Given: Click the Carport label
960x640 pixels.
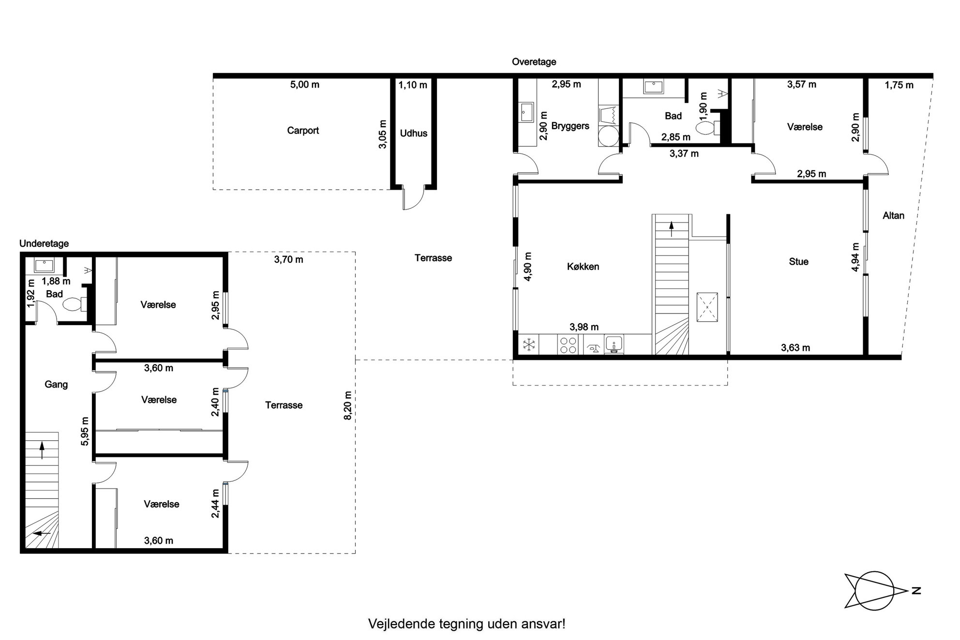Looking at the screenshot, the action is click(x=303, y=131).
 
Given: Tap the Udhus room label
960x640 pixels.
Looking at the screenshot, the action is click(x=414, y=134).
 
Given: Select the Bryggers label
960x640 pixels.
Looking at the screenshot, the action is click(x=570, y=126).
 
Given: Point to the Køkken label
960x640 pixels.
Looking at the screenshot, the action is click(x=583, y=267).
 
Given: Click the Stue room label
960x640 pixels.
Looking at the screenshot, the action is click(x=799, y=262).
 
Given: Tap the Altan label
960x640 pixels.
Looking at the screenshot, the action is click(x=894, y=216).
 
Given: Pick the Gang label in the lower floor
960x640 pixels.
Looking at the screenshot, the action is click(x=56, y=385).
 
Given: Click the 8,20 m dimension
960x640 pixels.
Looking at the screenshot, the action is click(x=348, y=405).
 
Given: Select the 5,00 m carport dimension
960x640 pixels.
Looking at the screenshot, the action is click(x=305, y=85).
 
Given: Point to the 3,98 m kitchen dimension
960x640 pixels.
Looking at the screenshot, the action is click(x=584, y=327).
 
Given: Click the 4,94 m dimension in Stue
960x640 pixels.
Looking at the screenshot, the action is click(x=855, y=257).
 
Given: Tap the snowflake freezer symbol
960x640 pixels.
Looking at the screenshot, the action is click(x=529, y=345).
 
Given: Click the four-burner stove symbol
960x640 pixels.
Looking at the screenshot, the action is click(x=568, y=345).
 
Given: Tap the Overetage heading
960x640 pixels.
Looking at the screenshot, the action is click(x=534, y=62).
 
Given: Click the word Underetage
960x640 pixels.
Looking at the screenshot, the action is click(x=44, y=244).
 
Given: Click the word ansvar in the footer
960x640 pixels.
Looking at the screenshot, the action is click(x=547, y=624).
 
